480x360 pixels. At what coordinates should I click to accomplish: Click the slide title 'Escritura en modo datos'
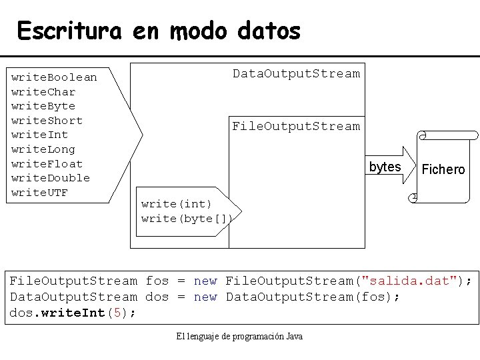tap(159, 31)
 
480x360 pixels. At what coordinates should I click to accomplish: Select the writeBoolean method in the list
tap(54, 77)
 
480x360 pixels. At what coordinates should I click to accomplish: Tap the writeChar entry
tap(43, 92)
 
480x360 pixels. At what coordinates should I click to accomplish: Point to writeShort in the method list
tap(47, 121)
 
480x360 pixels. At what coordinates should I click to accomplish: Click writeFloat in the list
tap(47, 164)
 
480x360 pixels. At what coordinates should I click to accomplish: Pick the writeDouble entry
tap(51, 178)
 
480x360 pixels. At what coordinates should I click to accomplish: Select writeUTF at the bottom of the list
tap(40, 193)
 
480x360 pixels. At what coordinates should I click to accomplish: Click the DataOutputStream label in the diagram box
tap(296, 73)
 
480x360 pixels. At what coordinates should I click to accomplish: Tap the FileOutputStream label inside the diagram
tap(295, 126)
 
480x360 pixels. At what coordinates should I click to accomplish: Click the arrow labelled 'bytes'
tap(391, 167)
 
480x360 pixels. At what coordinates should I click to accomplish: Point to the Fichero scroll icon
tap(440, 169)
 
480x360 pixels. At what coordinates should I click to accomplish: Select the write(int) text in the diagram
tap(176, 204)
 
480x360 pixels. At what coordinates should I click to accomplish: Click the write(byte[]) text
tap(187, 219)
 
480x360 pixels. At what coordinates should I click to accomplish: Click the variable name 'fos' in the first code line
tap(157, 281)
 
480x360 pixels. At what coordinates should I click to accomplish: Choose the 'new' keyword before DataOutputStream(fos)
tap(205, 297)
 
